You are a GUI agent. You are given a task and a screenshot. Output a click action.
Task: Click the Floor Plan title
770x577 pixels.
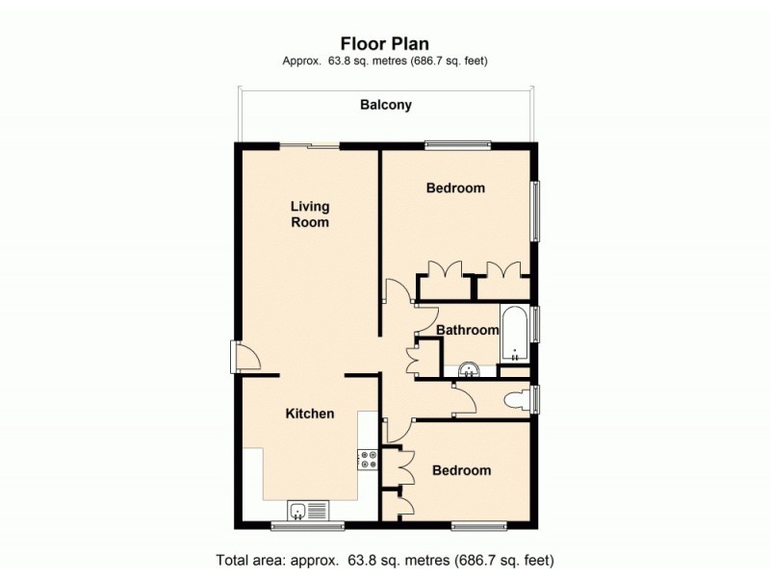385,42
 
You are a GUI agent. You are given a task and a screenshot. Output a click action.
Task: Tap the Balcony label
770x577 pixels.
386,105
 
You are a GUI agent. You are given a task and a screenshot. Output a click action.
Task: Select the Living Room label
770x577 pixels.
310,213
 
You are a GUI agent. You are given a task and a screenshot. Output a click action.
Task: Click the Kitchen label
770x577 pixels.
310,414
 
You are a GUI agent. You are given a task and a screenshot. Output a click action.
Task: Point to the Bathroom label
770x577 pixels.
468,330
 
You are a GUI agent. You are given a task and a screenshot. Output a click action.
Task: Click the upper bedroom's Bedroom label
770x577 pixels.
455,188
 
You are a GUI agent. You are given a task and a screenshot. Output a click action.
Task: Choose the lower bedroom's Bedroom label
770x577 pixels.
461,470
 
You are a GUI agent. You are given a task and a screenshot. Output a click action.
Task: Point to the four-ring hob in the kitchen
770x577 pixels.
368,461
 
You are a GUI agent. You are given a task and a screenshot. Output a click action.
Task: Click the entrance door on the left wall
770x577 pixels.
246,357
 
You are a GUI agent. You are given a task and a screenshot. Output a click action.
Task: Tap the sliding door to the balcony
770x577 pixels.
310,146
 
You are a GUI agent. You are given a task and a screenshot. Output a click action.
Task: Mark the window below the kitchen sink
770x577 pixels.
308,526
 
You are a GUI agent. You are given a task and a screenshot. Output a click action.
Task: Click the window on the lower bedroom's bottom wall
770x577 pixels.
478,526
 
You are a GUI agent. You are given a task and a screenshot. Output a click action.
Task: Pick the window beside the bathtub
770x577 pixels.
536,323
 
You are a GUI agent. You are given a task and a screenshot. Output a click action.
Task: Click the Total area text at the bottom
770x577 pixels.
385,559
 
